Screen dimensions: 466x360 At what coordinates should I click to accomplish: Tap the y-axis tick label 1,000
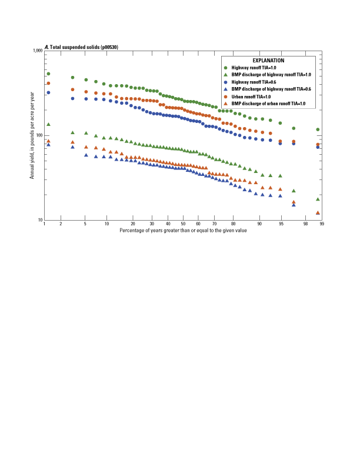tap(38, 51)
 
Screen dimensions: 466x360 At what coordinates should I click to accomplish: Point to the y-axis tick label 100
tap(39, 135)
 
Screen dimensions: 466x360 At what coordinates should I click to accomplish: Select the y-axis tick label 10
tap(41, 220)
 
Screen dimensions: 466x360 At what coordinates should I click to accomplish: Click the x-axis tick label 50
tap(183, 225)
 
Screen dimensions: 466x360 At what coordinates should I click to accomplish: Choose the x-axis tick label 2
tap(61, 225)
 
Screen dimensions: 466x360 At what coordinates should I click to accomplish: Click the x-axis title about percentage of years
tap(183, 231)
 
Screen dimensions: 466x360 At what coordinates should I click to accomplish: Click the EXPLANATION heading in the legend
tap(268, 61)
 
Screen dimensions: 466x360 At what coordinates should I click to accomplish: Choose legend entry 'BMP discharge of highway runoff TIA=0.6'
tap(274, 89)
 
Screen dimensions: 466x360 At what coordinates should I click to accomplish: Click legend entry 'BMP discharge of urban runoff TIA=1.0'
tap(269, 103)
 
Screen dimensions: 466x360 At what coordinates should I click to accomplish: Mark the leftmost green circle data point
tap(48, 74)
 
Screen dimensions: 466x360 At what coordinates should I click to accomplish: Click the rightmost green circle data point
tap(318, 129)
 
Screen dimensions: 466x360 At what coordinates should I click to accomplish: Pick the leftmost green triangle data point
tap(48, 124)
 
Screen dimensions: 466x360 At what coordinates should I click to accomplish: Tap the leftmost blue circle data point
tap(48, 92)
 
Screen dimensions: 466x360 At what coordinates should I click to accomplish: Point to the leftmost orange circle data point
tap(48, 83)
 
